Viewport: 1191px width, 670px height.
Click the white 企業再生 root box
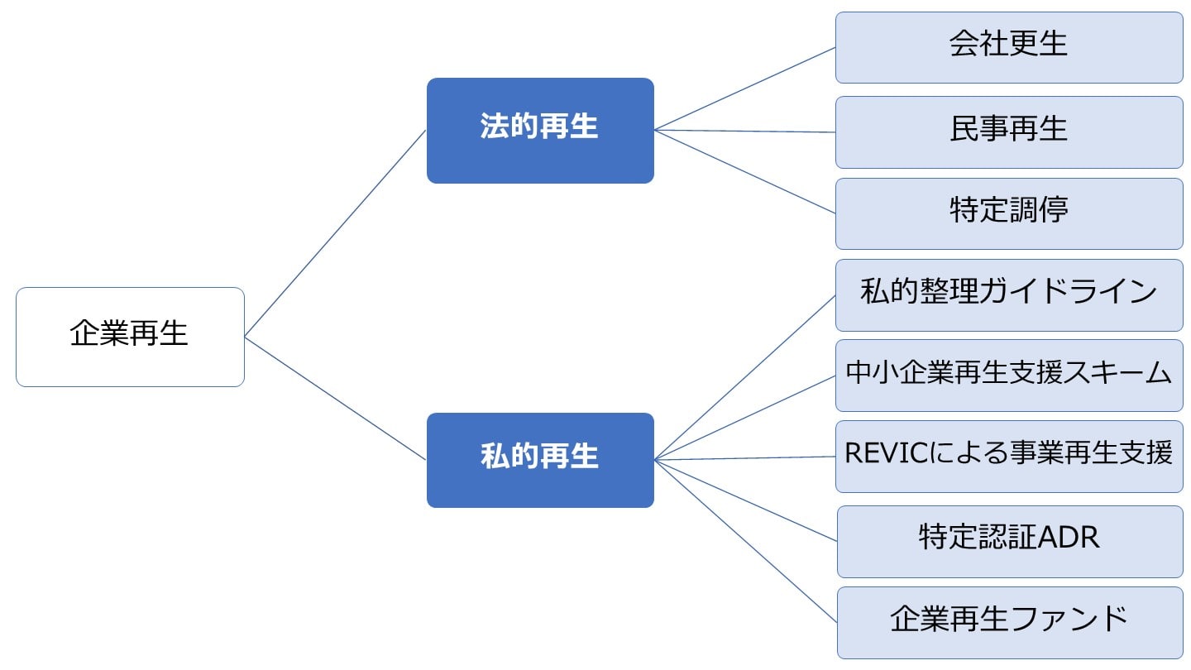130,337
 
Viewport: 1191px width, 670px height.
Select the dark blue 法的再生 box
540,130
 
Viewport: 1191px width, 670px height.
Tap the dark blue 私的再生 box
540,460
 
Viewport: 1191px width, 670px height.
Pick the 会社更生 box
1009,47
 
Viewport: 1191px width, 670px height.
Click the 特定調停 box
1009,213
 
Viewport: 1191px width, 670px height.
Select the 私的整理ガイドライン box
1009,294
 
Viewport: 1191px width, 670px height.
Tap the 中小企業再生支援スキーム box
1009,375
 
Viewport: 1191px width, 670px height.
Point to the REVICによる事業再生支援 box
1009,456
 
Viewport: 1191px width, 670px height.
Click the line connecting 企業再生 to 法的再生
335,233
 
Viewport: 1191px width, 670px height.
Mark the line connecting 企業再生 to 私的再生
335,398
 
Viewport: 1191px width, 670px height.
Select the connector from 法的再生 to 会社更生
744,89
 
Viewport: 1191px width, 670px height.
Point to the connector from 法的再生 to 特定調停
744,171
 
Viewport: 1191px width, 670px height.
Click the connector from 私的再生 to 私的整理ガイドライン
744,377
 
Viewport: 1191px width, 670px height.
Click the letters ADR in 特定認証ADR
1068,538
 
